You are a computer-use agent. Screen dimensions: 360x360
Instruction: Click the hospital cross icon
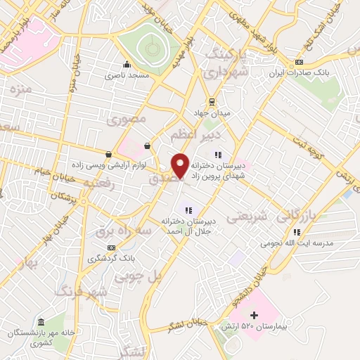[x=255, y=314]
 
